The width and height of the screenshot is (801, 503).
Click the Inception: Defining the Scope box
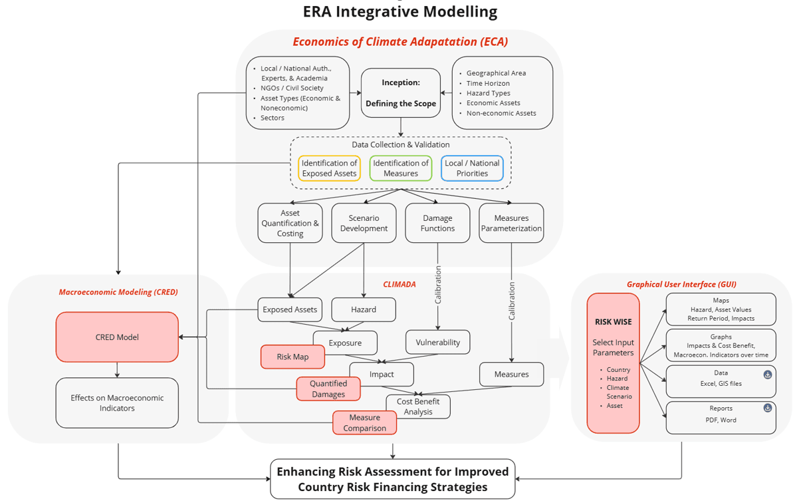pos(401,92)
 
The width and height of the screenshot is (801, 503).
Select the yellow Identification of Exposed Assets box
pos(329,168)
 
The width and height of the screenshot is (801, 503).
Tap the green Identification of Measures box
pos(401,168)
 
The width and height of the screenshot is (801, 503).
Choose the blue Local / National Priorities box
pos(472,168)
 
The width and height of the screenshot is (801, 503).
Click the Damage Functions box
pos(437,223)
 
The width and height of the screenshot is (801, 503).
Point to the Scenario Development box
pos(364,223)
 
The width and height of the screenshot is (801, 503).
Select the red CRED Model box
pos(117,337)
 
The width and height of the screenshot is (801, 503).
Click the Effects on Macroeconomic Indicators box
pos(117,403)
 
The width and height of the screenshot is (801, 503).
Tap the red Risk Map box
pos(292,357)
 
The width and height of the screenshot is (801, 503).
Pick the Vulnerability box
pos(437,342)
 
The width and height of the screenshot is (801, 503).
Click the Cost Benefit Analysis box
pos(418,407)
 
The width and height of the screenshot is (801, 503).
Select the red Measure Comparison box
pos(364,422)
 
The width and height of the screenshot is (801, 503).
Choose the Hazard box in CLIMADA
pos(364,309)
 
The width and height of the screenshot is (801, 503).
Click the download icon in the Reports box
pos(768,408)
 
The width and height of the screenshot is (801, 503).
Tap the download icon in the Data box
pos(768,375)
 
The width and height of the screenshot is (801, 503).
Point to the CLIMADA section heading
pos(399,284)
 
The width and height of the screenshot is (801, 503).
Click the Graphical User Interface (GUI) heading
pos(681,284)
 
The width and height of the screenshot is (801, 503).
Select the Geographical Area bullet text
pos(496,73)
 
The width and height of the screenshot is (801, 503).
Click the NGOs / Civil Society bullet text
pos(292,88)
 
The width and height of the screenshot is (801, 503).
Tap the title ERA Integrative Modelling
pos(400,11)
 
